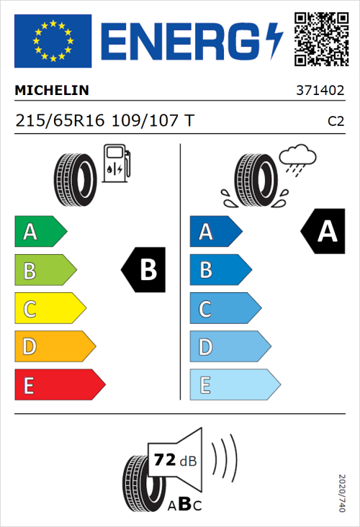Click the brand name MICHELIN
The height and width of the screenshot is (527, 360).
(x=52, y=91)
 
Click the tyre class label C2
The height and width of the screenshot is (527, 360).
(x=336, y=122)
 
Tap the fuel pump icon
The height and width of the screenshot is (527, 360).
(x=117, y=163)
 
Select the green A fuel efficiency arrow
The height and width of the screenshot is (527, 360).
(x=40, y=232)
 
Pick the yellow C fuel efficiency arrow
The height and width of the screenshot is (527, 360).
(x=49, y=310)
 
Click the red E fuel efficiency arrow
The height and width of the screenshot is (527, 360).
(x=59, y=385)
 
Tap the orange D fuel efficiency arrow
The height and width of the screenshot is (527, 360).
(x=54, y=347)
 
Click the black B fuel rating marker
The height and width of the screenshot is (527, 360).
(x=144, y=271)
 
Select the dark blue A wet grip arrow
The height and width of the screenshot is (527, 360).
(x=215, y=232)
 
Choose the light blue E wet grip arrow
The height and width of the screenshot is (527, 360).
(x=234, y=385)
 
